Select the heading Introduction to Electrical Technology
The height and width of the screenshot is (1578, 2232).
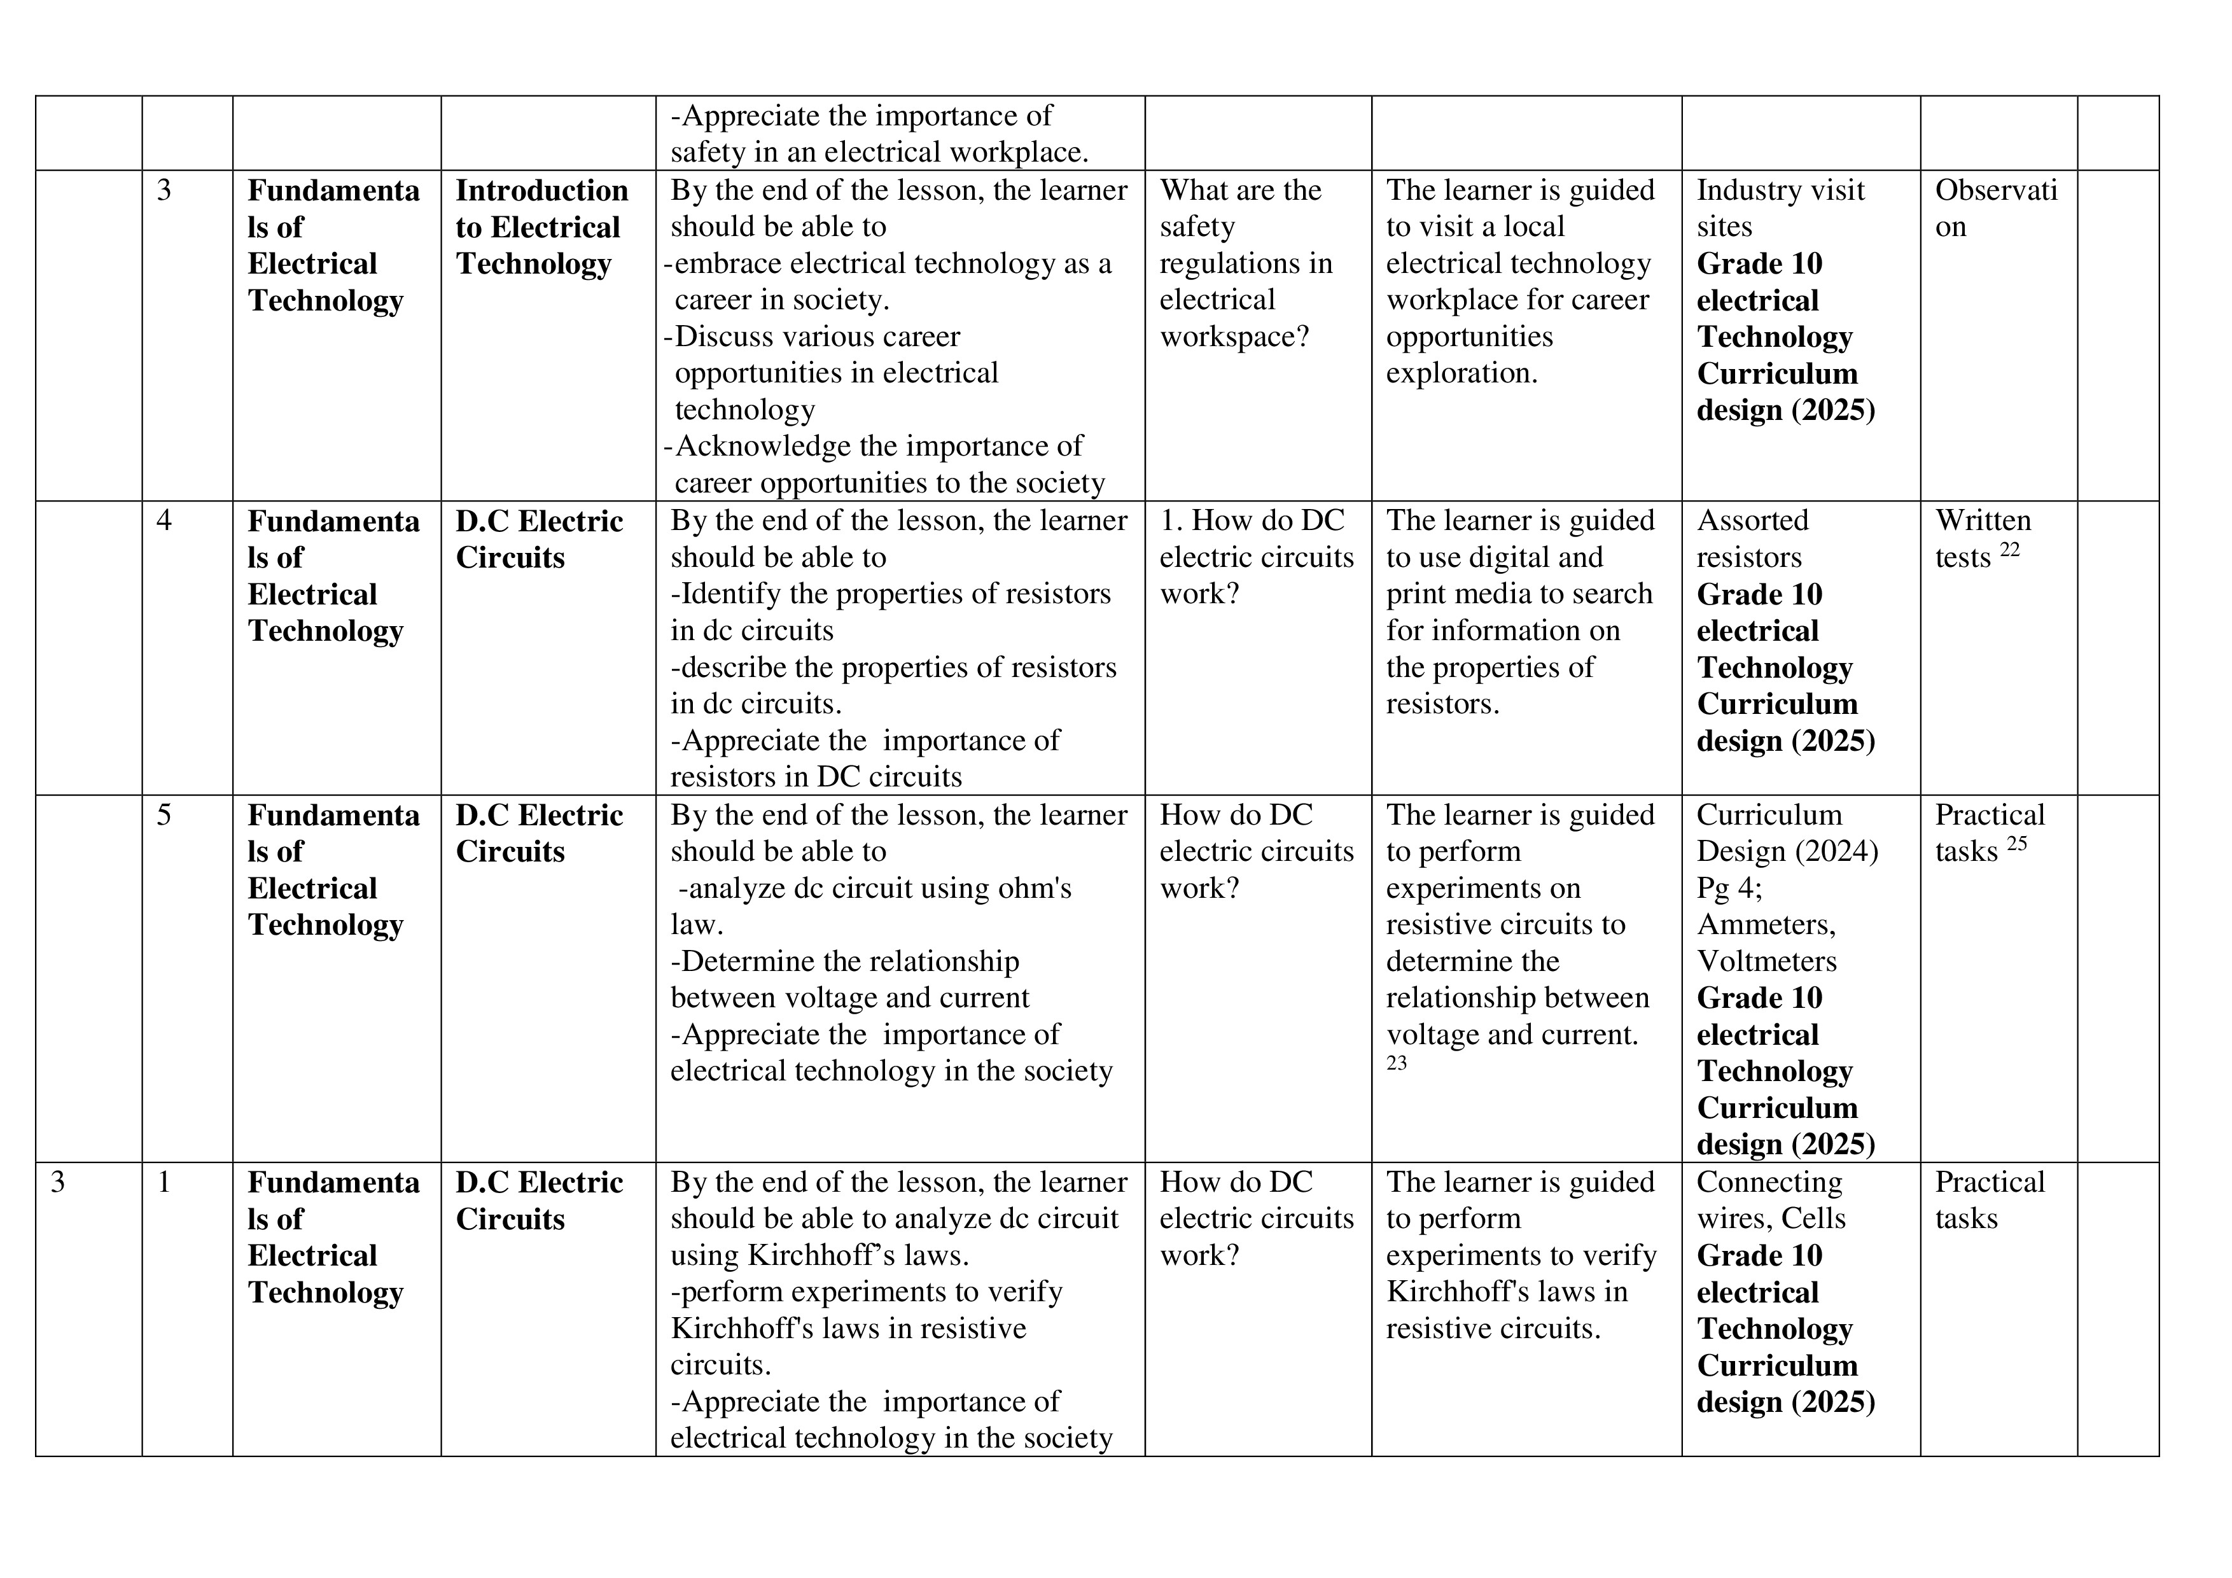pos(541,227)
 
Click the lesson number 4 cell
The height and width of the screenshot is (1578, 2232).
pos(164,521)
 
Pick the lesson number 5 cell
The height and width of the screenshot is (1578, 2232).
pos(164,814)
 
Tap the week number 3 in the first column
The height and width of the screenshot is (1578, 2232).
pos(59,1182)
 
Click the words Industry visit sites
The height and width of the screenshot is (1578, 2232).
pos(1780,208)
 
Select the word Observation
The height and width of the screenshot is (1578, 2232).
pos(1996,208)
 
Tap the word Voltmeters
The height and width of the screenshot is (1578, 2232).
pos(1766,961)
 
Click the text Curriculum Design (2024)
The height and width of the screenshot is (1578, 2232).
pos(1787,834)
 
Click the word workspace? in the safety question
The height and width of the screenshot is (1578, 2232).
pos(1234,337)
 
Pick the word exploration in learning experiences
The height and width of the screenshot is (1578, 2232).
pos(1461,374)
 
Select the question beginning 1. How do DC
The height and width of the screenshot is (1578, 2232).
pos(1256,557)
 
